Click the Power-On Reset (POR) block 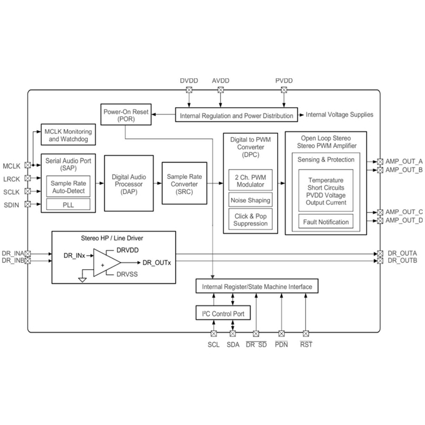point(125,116)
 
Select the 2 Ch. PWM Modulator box point(250,181)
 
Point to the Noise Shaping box point(250,201)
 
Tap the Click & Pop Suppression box point(250,219)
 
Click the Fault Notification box point(325,222)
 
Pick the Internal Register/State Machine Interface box point(257,287)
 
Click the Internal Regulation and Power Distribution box point(236,116)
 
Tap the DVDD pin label point(189,81)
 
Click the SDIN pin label point(11,205)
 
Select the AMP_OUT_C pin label point(404,212)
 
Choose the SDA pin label point(233,345)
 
